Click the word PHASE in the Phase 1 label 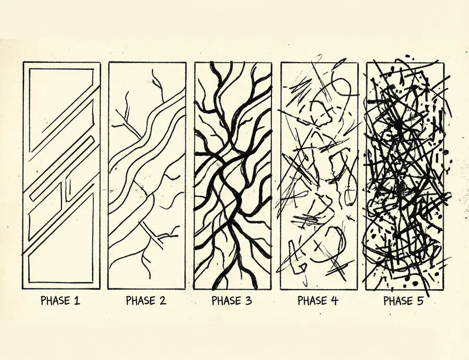(x=54, y=301)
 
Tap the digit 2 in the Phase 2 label (x=162, y=301)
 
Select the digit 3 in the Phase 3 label (x=249, y=301)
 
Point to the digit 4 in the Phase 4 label (x=335, y=301)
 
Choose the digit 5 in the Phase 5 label (x=420, y=301)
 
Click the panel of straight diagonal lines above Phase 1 (x=61, y=176)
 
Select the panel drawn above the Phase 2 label (x=147, y=176)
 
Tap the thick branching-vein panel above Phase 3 (x=233, y=176)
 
